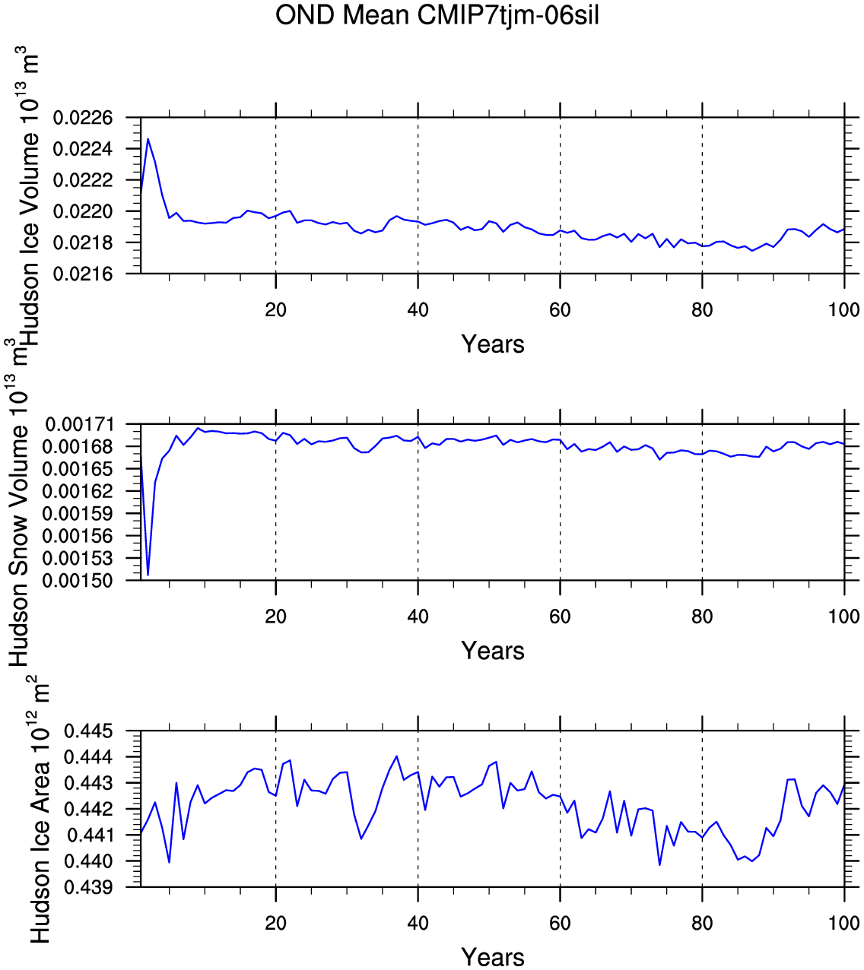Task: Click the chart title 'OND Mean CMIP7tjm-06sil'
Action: click(x=437, y=15)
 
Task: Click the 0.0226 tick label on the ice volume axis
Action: click(x=83, y=117)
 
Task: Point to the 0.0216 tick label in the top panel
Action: click(x=83, y=274)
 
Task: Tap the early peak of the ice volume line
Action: click(x=148, y=139)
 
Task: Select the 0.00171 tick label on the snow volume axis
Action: click(x=78, y=424)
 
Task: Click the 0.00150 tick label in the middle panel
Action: click(x=78, y=580)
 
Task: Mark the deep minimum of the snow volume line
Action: click(x=148, y=575)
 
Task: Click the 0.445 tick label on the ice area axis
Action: click(x=88, y=731)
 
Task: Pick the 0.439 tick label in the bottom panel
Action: click(x=88, y=887)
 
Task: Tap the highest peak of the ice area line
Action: click(x=396, y=756)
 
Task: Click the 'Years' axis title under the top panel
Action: click(x=493, y=344)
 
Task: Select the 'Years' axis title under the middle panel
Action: click(x=493, y=651)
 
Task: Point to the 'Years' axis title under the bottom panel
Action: click(x=493, y=957)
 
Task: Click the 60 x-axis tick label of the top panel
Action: click(x=560, y=309)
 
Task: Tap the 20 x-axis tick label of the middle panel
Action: click(x=276, y=617)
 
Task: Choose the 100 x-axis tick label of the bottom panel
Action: click(x=844, y=923)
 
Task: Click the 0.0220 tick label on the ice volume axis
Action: click(x=83, y=211)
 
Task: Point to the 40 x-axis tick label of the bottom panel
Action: click(x=418, y=923)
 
